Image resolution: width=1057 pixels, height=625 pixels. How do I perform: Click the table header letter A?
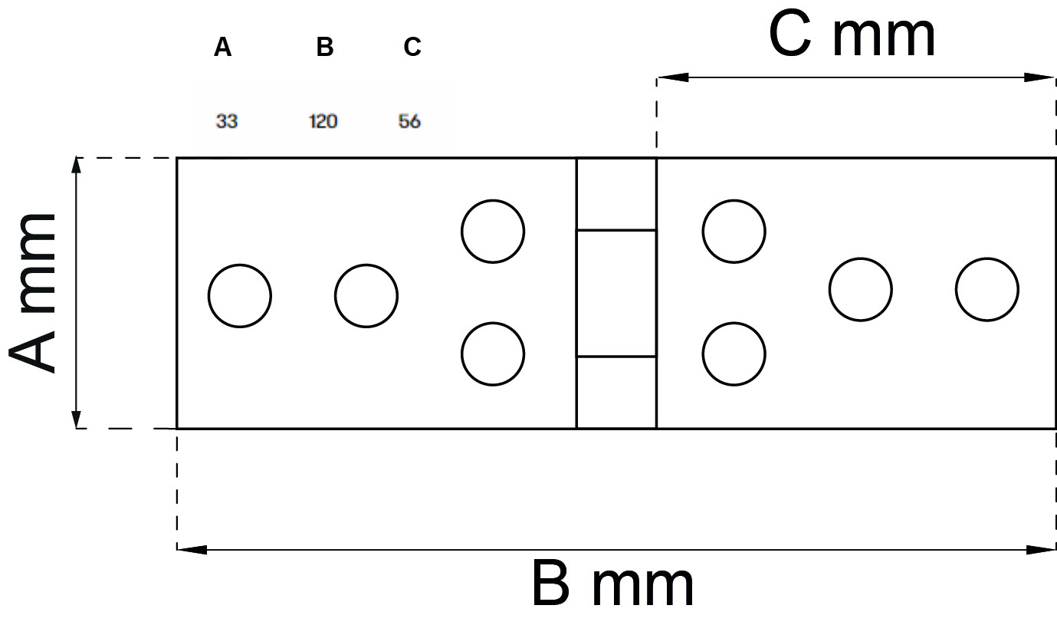pos(222,48)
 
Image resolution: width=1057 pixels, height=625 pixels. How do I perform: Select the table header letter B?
pos(325,48)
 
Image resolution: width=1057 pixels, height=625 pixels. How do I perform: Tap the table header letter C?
pos(412,48)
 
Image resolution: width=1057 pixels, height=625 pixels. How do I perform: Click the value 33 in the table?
pos(226,121)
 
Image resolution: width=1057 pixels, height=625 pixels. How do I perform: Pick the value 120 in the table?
pos(323,121)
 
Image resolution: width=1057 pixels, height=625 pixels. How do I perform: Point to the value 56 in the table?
pos(409,121)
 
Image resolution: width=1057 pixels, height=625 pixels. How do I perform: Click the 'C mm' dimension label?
pos(852,36)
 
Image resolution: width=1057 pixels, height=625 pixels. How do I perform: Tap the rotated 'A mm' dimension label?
pos(34,293)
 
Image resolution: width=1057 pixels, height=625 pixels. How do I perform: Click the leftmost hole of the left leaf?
pos(240,296)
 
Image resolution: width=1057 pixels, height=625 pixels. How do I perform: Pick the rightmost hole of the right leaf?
pos(986,290)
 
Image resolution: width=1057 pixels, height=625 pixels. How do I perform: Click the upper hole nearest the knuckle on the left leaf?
pos(493,232)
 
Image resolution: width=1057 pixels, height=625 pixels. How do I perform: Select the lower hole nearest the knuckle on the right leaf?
pos(734,354)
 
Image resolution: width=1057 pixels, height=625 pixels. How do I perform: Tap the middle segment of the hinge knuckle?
pos(616,293)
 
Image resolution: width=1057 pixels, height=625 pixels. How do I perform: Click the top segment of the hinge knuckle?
pos(616,194)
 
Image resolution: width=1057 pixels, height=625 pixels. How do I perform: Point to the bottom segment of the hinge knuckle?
pos(616,392)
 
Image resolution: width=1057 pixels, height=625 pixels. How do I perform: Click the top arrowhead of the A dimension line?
pos(77,166)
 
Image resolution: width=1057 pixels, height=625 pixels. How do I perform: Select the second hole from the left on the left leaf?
pos(366,296)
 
